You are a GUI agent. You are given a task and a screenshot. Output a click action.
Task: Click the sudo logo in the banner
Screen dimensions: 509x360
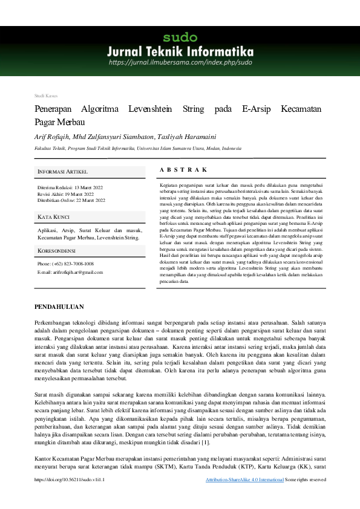(x=180, y=37)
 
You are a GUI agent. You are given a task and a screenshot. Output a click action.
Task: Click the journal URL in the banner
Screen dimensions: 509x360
(x=180, y=62)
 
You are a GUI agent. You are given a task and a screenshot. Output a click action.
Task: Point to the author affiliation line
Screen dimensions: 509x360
(x=138, y=148)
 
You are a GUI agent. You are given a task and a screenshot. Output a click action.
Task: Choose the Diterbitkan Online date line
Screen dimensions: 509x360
(x=71, y=200)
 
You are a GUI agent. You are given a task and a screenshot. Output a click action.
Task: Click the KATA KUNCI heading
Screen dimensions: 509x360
(x=53, y=216)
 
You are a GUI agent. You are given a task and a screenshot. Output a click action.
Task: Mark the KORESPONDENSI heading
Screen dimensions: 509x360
(x=56, y=250)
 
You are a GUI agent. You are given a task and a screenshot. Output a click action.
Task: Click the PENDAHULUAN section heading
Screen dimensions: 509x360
(x=59, y=307)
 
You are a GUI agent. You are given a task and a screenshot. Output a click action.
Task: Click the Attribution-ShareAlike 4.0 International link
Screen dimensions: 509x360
(x=244, y=496)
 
